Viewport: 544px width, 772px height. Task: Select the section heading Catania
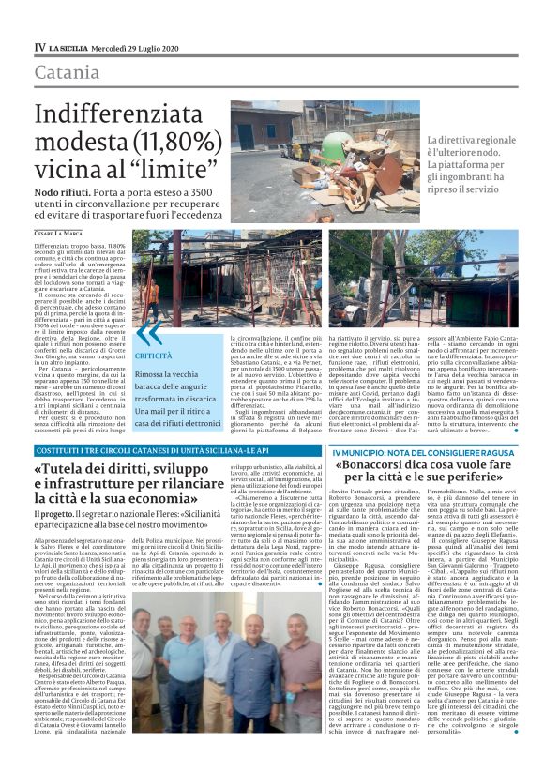(68, 73)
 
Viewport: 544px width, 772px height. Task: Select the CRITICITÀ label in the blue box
(154, 357)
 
